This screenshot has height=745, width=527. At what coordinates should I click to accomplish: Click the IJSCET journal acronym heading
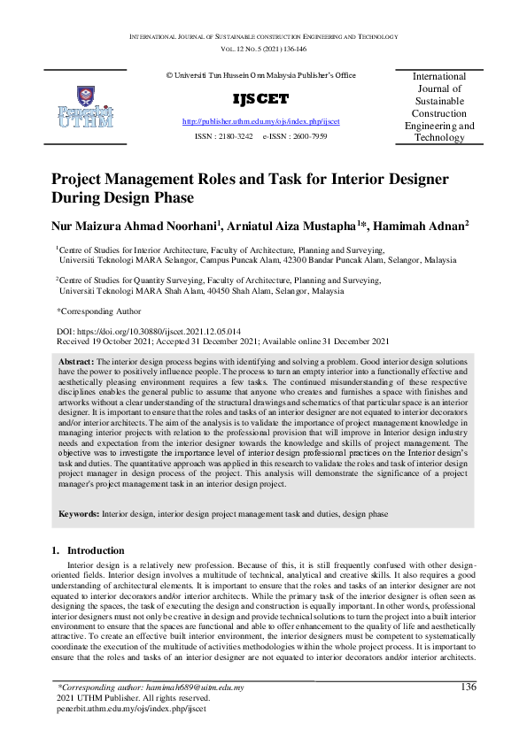260,98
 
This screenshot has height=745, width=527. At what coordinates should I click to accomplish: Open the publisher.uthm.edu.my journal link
260,120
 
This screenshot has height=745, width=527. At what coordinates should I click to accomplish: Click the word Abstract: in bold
76,363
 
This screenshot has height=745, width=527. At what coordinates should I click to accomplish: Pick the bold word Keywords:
80,513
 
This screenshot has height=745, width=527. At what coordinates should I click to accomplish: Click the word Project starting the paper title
81,179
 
